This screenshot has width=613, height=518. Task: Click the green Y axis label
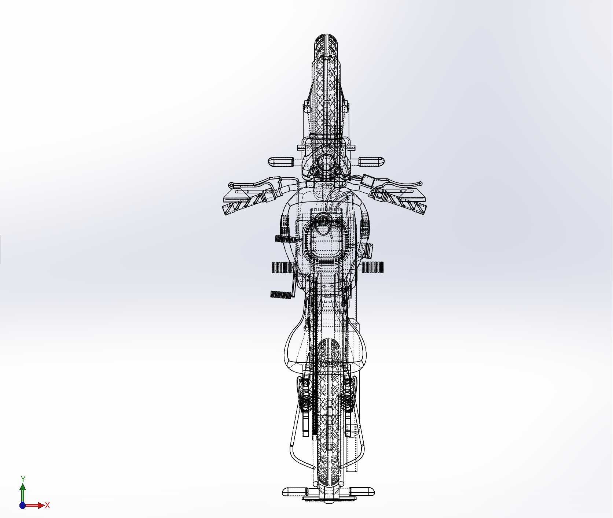[x=23, y=479]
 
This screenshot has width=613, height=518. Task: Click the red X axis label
[x=47, y=506]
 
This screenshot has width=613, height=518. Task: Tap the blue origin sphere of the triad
[x=23, y=506]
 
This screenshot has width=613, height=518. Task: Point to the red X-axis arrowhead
[x=41, y=506]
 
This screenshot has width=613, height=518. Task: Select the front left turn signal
[x=281, y=162]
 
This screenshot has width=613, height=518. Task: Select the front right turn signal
[x=371, y=162]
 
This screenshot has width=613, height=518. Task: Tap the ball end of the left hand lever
[x=231, y=185]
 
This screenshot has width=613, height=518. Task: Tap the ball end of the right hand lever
[x=420, y=184]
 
